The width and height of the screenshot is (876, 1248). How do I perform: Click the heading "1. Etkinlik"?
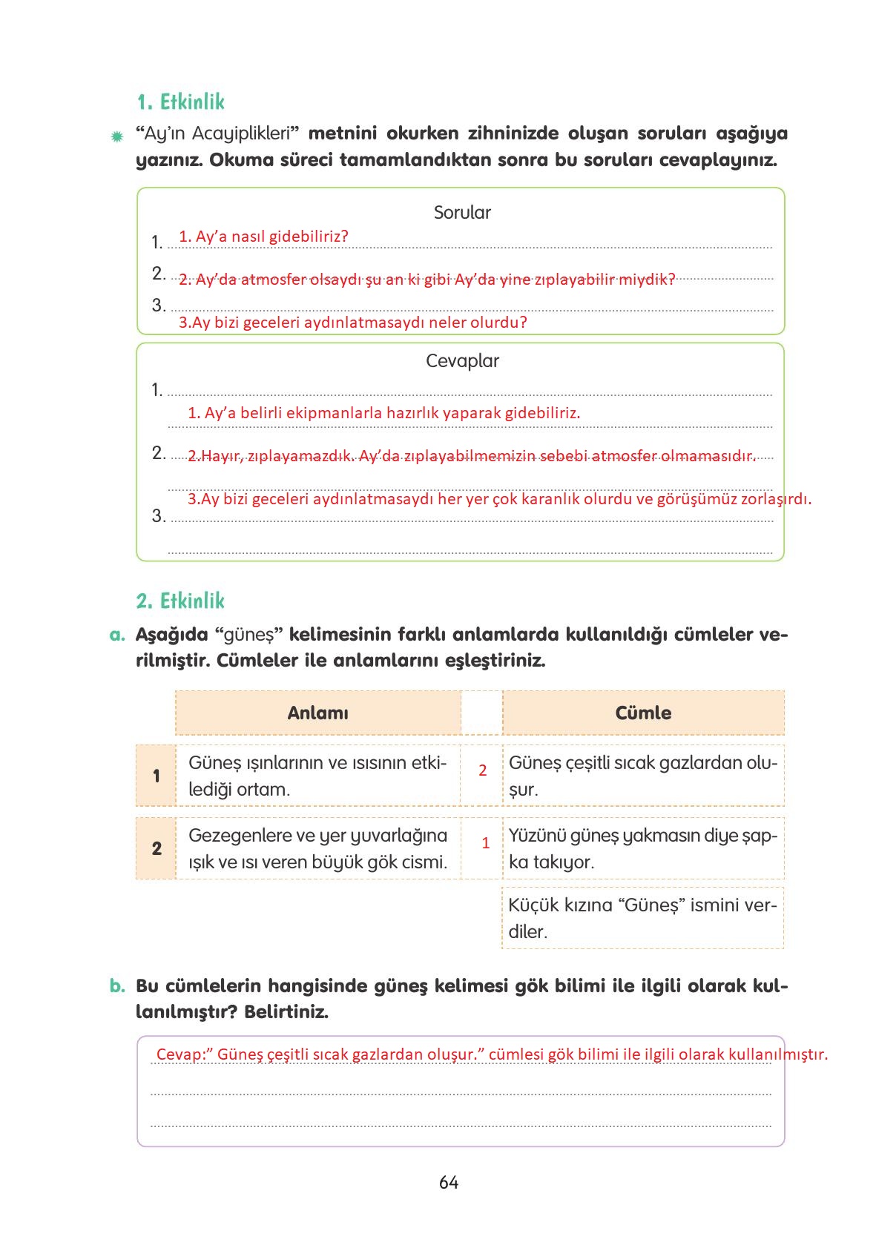tap(181, 102)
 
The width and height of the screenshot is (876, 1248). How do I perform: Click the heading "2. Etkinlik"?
tap(180, 601)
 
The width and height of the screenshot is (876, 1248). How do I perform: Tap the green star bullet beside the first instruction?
tap(116, 136)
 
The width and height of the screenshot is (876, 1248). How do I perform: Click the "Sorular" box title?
tap(462, 213)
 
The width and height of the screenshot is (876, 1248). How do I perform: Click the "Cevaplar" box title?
tap(462, 361)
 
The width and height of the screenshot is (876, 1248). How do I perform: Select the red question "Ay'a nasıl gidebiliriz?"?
tap(263, 237)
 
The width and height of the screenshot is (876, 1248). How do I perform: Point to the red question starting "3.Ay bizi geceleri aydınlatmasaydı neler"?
tap(353, 323)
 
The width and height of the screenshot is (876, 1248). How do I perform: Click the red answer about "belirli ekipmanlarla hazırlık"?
tap(383, 413)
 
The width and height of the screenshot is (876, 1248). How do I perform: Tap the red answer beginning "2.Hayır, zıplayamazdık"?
tap(471, 456)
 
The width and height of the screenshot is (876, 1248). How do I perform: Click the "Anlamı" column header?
tap(317, 713)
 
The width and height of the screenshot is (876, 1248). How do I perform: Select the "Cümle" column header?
tap(643, 713)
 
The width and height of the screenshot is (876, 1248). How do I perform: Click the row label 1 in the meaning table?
tap(157, 776)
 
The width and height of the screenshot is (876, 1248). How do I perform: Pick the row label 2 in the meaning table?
tap(157, 848)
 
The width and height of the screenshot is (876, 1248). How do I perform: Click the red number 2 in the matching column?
tap(483, 770)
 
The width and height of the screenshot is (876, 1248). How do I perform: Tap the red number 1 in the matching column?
tap(486, 843)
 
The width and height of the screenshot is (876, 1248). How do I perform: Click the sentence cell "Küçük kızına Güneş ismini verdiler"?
tap(642, 918)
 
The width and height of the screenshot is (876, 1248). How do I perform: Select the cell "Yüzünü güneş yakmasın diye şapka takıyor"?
tap(642, 848)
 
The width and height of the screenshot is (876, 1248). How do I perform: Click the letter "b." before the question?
tap(117, 985)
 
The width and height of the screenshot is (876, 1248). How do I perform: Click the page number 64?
tap(449, 1183)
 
